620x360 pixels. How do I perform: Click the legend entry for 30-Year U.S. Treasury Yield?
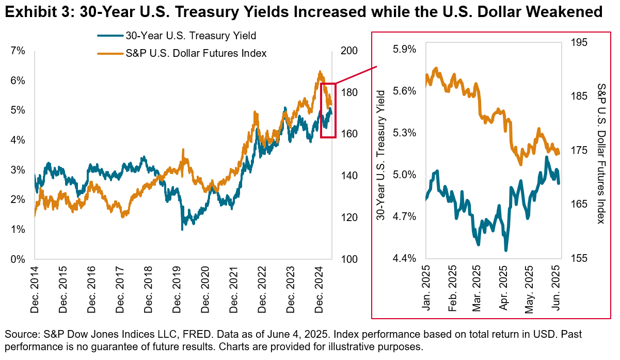click(x=191, y=36)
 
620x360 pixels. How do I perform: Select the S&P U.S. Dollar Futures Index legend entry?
click(x=196, y=53)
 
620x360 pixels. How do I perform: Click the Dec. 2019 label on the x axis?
click(x=177, y=292)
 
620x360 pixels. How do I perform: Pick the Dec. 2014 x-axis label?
click(x=35, y=292)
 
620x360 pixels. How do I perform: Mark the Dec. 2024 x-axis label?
click(x=319, y=292)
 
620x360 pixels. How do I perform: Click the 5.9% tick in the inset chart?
click(x=405, y=50)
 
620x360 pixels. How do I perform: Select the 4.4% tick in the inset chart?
click(x=405, y=258)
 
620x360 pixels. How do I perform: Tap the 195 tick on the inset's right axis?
click(x=579, y=43)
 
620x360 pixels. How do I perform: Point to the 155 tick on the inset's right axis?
click(x=579, y=258)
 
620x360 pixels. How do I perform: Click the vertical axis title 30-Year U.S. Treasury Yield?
click(x=381, y=155)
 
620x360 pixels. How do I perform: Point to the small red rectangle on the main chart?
click(x=328, y=110)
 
